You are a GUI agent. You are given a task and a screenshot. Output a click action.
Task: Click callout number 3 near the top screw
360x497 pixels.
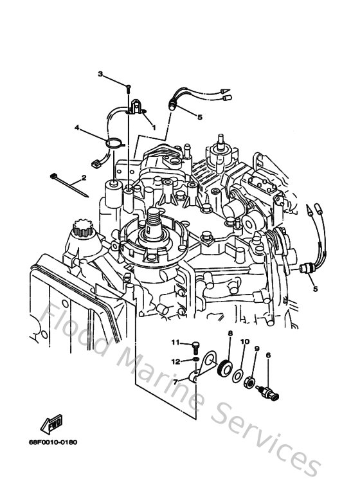pos(100,75)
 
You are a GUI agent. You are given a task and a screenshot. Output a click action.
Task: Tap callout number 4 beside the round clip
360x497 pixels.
pos(76,128)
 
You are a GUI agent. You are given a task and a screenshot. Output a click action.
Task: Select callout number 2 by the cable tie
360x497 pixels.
pos(84,177)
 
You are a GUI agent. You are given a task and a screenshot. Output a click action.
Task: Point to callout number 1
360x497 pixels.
pos(154,127)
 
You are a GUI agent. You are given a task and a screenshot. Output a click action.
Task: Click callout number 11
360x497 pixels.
pos(174,341)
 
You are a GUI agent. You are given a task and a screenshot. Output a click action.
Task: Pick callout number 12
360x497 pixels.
pos(174,361)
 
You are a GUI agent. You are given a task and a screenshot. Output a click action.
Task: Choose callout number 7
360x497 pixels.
pos(174,381)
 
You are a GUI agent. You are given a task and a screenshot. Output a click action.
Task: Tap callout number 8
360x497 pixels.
pos(230,333)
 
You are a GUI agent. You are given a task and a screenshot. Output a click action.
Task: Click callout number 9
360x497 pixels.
pos(256,349)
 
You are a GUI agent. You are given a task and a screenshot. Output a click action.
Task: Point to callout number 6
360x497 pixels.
pos(267,354)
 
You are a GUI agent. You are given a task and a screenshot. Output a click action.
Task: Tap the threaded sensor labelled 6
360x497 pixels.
pos(269,392)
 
